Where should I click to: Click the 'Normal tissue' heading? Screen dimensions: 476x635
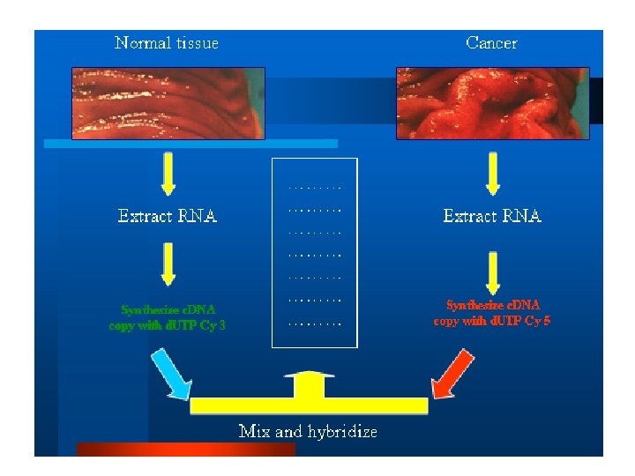[167, 42]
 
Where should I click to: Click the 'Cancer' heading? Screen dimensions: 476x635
[491, 42]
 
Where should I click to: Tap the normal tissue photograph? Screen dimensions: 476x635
[168, 102]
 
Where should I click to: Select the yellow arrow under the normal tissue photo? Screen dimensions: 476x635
[168, 175]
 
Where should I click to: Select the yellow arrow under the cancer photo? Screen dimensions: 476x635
[493, 175]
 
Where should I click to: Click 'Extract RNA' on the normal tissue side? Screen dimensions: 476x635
[168, 216]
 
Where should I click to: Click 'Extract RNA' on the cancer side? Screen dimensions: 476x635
[492, 216]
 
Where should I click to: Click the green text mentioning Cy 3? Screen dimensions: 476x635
[168, 317]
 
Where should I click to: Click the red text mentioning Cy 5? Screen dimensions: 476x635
[492, 313]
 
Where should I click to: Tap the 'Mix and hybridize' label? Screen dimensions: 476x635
[308, 431]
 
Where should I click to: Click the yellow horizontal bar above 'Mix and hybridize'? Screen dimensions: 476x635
[309, 405]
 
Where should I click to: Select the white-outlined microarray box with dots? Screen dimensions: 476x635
[315, 252]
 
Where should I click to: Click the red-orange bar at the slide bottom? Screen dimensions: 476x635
[185, 450]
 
